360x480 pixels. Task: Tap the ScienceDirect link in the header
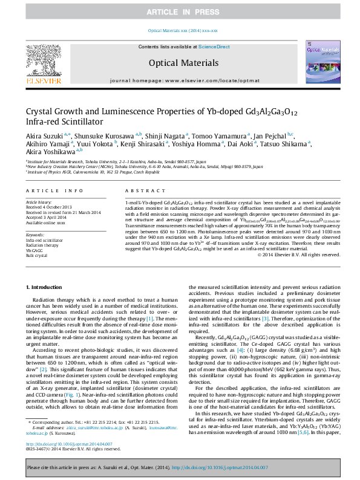tap(214, 47)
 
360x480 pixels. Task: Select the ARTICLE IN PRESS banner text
tap(180, 12)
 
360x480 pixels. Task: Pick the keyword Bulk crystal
tap(37, 255)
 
